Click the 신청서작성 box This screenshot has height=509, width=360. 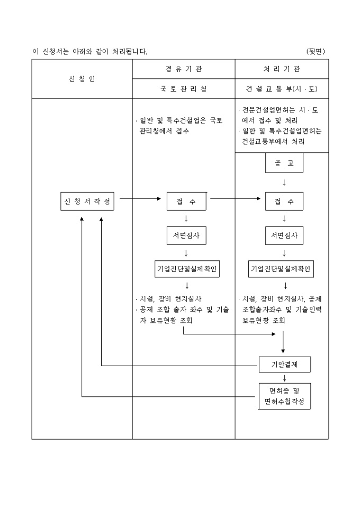tap(87, 201)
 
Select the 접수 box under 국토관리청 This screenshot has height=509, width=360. tap(186, 201)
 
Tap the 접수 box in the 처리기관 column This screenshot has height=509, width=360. tap(284, 201)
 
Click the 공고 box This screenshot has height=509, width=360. tap(284, 164)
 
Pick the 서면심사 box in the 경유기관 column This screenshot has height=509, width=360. tap(186, 235)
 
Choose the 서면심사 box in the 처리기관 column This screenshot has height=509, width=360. tap(284, 235)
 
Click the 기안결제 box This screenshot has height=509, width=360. tap(284, 365)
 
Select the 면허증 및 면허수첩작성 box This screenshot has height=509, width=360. tap(284, 396)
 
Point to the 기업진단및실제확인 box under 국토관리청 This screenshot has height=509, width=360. tap(186, 269)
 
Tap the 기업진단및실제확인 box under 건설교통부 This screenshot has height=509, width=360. tap(282, 269)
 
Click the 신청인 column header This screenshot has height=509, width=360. tap(82, 79)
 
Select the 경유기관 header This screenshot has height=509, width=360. tap(184, 69)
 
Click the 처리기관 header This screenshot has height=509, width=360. tap(282, 69)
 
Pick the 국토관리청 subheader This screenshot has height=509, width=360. tap(184, 89)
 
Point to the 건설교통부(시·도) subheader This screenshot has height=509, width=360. tap(282, 89)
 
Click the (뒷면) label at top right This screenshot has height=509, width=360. tap(316, 51)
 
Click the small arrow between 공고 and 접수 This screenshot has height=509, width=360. tap(284, 183)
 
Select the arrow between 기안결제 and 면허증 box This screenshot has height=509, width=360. tap(284, 378)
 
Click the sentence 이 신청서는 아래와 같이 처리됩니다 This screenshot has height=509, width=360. tap(90, 51)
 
